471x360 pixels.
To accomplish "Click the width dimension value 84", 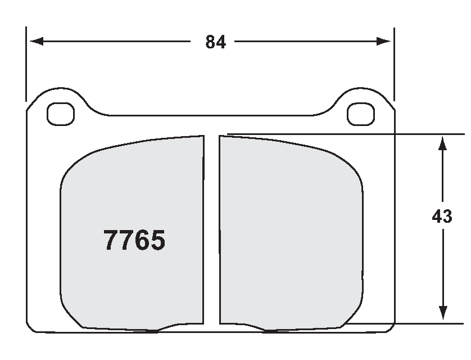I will click(215, 42).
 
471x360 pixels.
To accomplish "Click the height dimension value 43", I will click(442, 217).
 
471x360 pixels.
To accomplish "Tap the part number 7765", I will click(134, 241).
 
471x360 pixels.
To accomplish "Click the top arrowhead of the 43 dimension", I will click(442, 142).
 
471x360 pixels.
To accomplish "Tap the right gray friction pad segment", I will click(289, 231).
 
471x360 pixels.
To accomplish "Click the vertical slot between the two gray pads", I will click(211, 231).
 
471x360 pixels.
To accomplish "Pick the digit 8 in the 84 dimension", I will click(210, 42).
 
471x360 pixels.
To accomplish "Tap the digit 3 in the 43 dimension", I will click(447, 217).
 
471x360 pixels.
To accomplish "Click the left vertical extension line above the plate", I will click(26, 62).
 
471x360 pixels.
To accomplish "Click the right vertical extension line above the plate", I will click(394, 62).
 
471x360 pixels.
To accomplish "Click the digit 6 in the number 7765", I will click(142, 241).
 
